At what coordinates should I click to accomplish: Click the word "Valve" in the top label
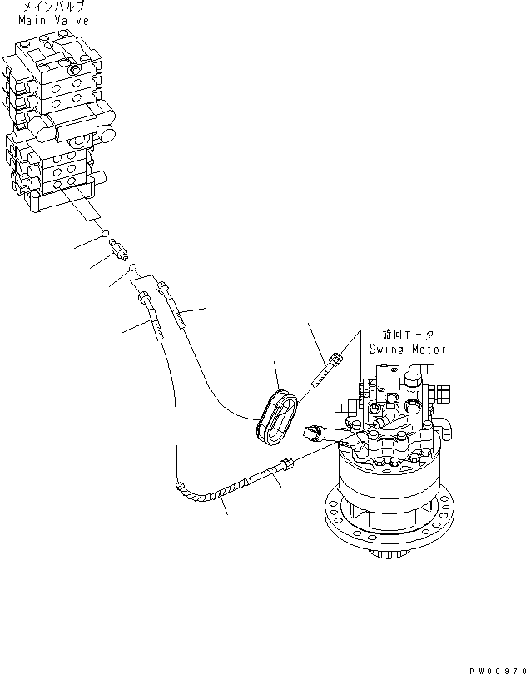click(x=70, y=19)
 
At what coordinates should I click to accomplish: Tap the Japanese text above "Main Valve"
click(x=52, y=7)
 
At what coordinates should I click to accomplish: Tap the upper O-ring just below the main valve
click(x=107, y=235)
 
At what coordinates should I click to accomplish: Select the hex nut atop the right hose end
click(x=161, y=287)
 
